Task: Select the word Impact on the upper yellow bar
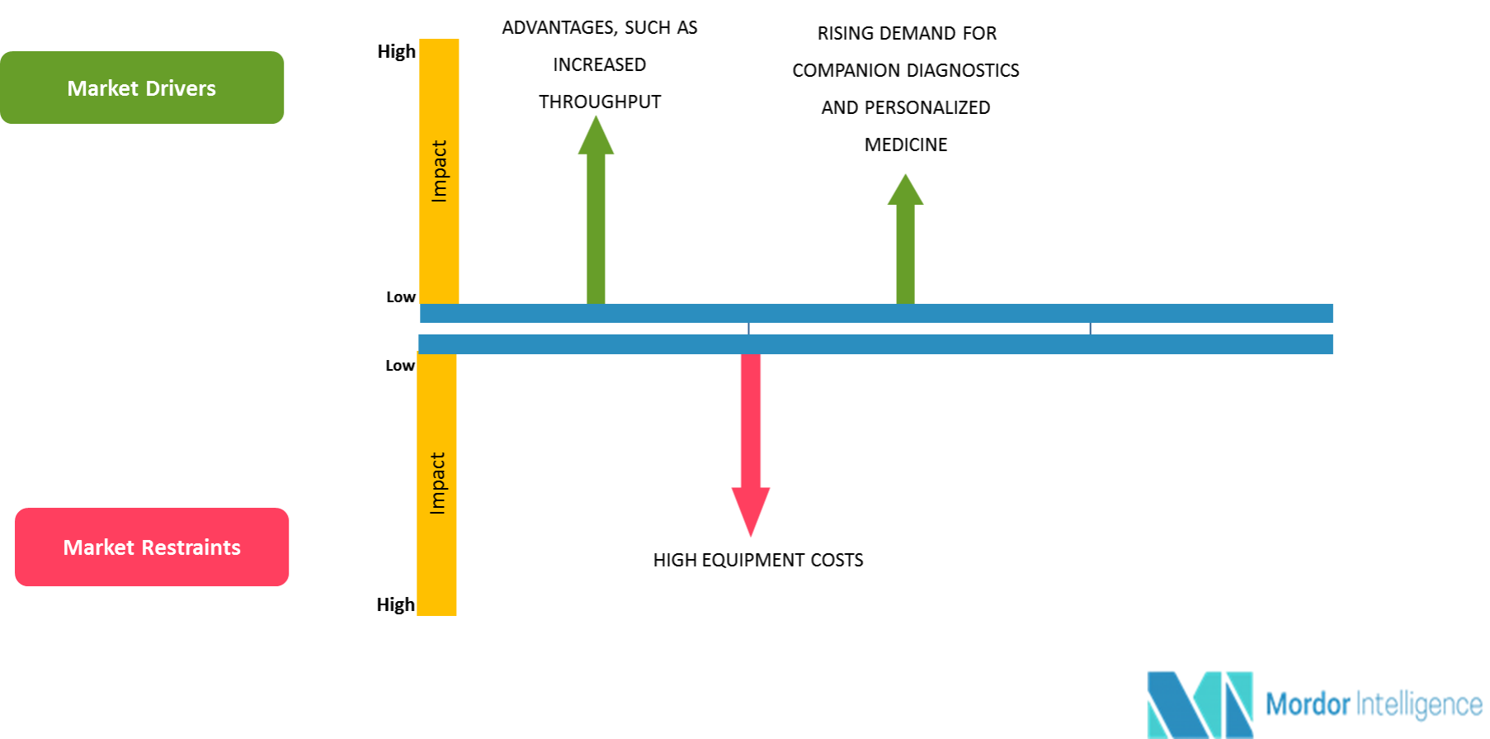439,171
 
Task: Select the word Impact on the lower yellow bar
437,483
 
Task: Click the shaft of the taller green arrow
596,231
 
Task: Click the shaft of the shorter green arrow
905,256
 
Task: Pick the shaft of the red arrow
750,421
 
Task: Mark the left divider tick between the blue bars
748,329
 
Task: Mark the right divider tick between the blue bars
1090,329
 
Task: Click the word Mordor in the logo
1308,704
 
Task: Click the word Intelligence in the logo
1419,704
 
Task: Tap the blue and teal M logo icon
1200,704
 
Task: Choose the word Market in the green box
102,88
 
